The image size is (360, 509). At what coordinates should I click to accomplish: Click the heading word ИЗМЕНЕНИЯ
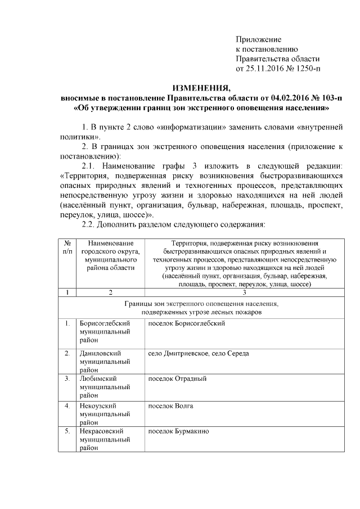click(201, 88)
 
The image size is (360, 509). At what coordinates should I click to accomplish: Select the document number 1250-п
click(308, 69)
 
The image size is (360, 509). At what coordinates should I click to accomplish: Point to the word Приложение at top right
click(258, 39)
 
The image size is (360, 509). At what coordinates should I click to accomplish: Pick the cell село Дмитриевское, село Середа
click(198, 353)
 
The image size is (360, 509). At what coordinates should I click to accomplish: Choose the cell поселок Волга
click(170, 405)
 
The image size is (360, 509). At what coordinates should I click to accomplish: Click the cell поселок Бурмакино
click(178, 431)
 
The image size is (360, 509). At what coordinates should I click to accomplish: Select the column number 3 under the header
click(244, 292)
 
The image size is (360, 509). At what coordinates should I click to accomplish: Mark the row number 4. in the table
click(67, 405)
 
